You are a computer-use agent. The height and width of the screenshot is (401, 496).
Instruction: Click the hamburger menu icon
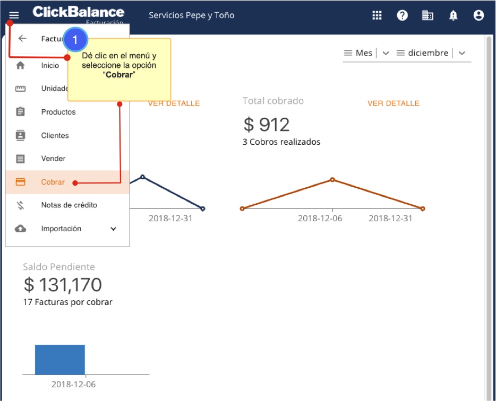[x=14, y=15]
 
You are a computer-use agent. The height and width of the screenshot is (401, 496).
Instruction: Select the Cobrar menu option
[x=53, y=182]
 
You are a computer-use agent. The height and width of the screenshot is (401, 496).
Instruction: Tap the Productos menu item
[x=58, y=112]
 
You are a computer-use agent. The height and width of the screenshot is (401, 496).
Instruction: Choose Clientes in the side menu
[x=55, y=135]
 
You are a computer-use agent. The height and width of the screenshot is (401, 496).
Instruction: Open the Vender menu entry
[x=53, y=159]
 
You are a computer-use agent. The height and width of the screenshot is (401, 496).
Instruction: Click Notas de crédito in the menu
[x=69, y=205]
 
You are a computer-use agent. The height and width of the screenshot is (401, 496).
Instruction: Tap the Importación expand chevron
[x=113, y=229]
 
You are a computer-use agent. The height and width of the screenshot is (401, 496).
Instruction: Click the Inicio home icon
[x=21, y=66]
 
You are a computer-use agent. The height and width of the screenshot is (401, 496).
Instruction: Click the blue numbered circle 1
[x=75, y=39]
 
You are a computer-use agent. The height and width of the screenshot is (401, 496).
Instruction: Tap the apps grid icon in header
[x=377, y=15]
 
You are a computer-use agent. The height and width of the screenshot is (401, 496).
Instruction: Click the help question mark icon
[x=403, y=15]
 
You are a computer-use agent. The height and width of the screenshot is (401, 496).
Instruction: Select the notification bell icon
[x=453, y=15]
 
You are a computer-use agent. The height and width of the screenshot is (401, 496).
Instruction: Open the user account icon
[x=478, y=15]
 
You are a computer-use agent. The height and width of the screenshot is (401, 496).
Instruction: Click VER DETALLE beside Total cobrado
[x=394, y=103]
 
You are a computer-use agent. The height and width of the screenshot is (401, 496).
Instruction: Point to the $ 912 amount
[x=267, y=124]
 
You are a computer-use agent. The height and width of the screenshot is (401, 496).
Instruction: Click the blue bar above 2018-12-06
[x=59, y=360]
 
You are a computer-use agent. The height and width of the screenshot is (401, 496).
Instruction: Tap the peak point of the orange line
[x=332, y=180]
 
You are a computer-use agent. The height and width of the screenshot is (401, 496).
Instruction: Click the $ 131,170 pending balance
[x=63, y=285]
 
